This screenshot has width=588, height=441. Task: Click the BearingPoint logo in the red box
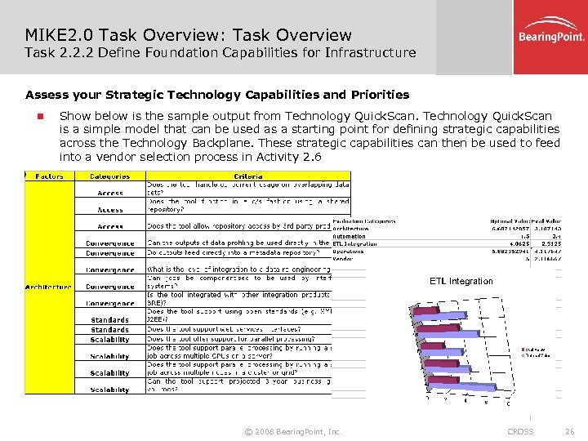click(552, 36)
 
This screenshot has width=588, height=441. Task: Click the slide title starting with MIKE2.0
click(189, 35)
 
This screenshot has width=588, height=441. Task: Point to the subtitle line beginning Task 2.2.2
click(220, 53)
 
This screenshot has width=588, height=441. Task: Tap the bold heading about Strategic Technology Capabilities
click(217, 95)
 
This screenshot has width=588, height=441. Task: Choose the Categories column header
click(109, 176)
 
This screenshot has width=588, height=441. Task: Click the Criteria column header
click(247, 176)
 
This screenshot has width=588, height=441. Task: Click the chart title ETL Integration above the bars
click(461, 281)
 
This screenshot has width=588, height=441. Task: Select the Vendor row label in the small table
click(343, 259)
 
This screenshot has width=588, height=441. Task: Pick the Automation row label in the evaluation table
click(349, 236)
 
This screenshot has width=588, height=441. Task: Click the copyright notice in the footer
click(293, 431)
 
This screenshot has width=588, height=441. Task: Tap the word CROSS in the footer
click(520, 431)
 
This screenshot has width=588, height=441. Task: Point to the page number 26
click(569, 431)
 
